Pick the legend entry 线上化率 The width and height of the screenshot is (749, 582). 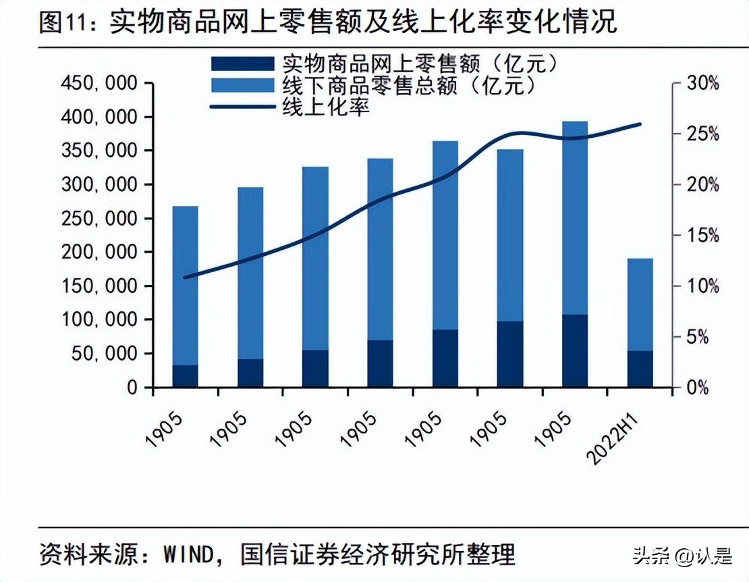325,107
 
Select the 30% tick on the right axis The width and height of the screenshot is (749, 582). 703,84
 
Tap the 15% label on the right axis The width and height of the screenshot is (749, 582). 703,236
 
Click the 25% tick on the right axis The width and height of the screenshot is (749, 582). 703,134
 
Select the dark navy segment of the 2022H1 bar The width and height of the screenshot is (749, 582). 640,369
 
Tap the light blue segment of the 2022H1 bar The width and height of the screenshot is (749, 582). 640,304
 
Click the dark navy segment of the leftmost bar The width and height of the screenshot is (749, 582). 186,376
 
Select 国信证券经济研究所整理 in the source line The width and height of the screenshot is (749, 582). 379,554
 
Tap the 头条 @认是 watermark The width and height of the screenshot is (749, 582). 682,556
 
